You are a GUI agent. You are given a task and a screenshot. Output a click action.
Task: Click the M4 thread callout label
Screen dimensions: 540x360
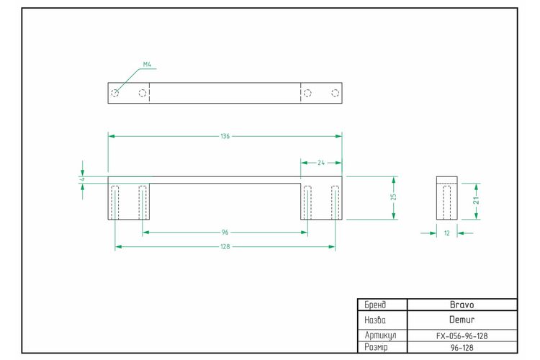(147, 64)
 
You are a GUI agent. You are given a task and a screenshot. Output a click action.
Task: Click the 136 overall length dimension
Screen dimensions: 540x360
(225, 136)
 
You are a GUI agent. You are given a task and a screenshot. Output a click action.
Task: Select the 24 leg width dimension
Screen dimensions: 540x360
(321, 163)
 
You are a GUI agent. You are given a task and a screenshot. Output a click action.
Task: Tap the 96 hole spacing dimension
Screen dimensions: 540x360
(225, 232)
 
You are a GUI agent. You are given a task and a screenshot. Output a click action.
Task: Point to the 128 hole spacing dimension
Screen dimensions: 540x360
(225, 247)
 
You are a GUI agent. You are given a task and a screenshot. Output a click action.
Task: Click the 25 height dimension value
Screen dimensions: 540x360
(394, 197)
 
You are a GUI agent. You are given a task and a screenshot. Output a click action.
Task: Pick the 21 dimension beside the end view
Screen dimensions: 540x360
(476, 200)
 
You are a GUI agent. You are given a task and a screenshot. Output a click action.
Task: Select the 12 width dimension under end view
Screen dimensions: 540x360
(446, 233)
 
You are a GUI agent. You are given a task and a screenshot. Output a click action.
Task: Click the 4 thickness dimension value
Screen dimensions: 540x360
(82, 179)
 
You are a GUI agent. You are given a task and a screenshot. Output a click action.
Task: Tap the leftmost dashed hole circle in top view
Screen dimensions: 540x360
(115, 93)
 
